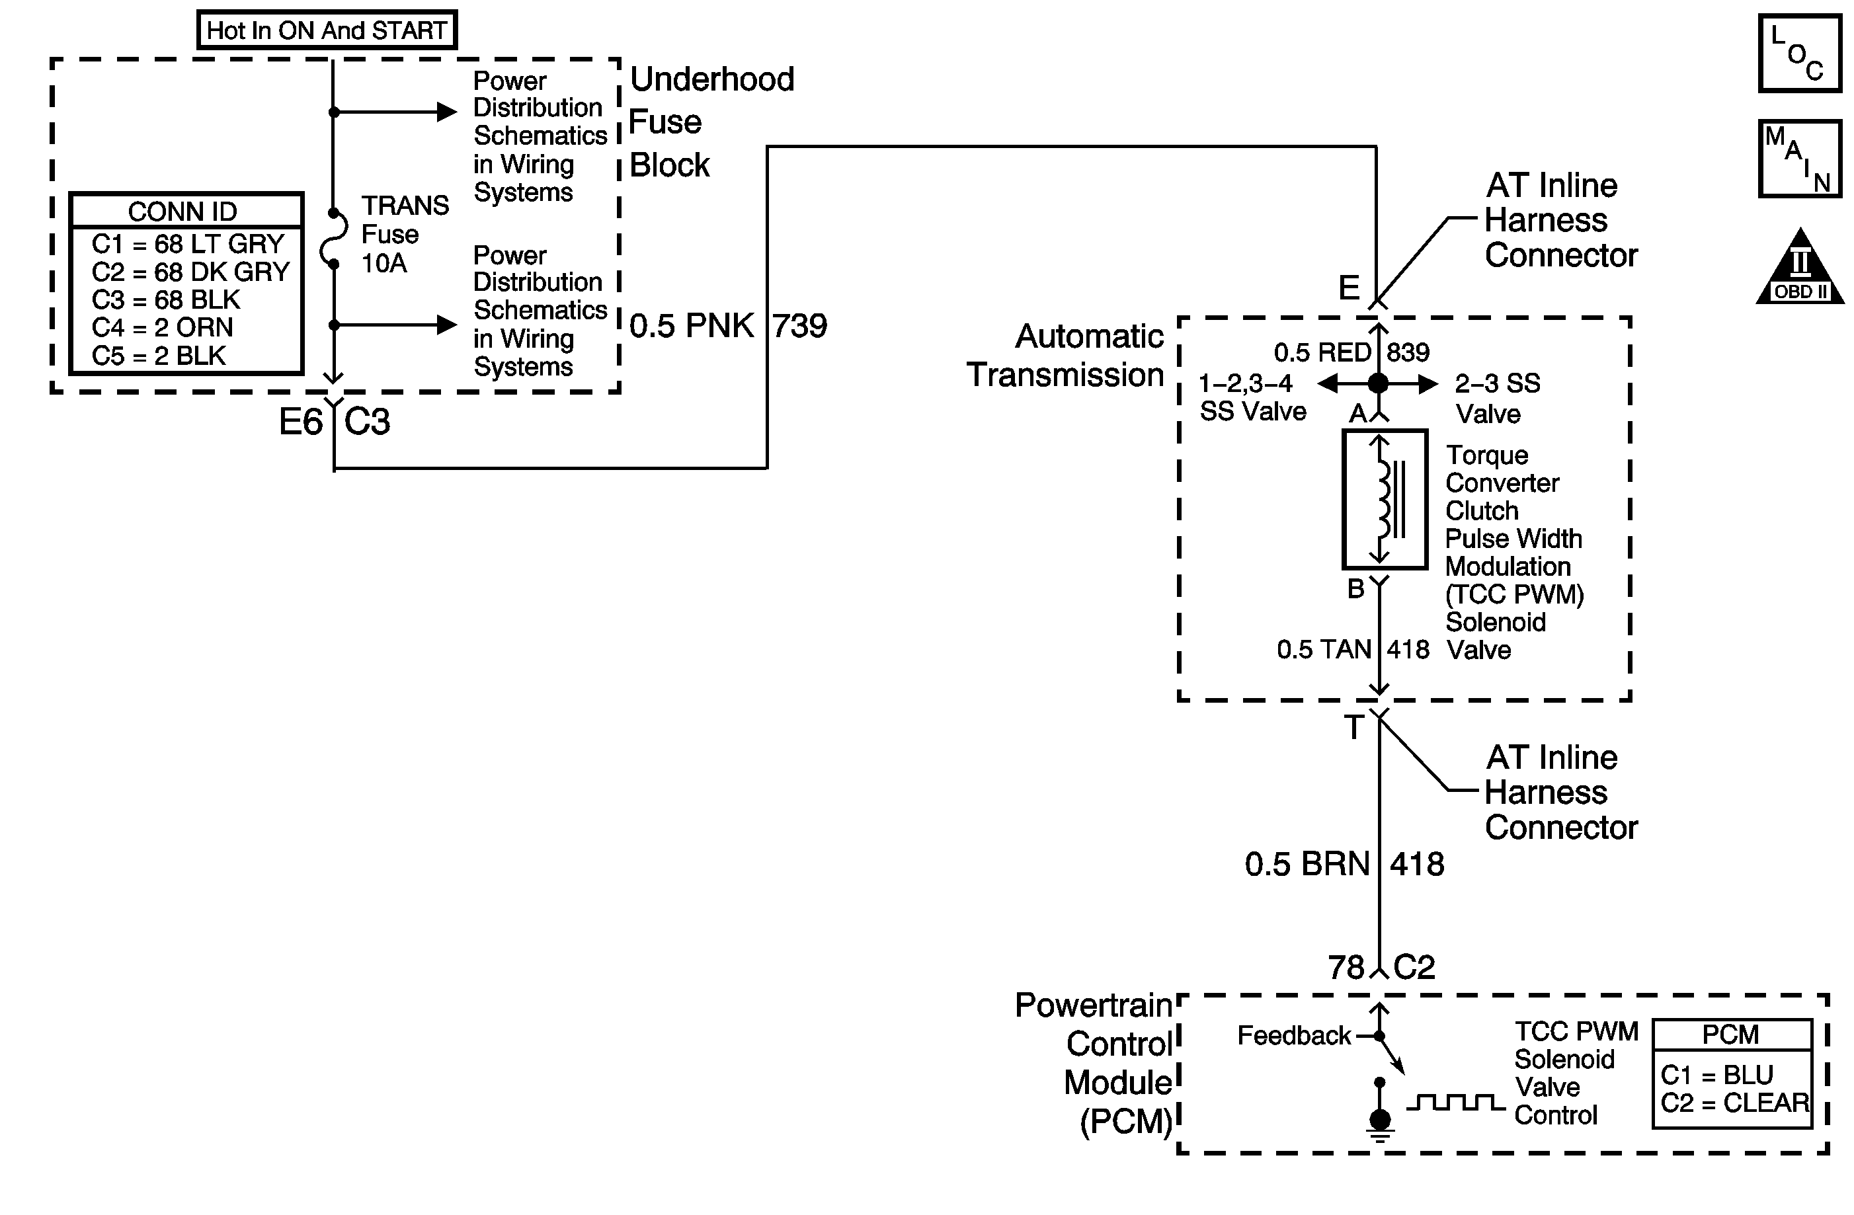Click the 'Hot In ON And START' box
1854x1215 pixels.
(327, 30)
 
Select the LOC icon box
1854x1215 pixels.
(1800, 54)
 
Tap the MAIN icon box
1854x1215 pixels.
(1800, 159)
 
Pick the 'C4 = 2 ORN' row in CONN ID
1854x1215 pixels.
(162, 327)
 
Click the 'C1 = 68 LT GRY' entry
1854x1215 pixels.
(187, 244)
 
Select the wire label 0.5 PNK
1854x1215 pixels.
(691, 325)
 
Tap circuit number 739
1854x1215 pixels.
(799, 325)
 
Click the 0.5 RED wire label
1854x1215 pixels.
(1322, 353)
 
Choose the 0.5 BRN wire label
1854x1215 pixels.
(1307, 865)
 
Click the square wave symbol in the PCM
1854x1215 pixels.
(1455, 1102)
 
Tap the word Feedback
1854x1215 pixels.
(1294, 1036)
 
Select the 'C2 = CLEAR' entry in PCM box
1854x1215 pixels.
(1734, 1103)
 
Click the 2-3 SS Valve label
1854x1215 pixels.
(1496, 398)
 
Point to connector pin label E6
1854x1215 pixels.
(300, 422)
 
